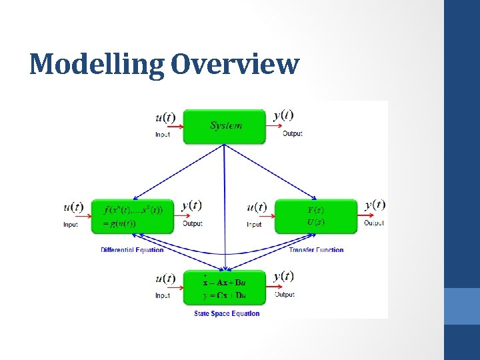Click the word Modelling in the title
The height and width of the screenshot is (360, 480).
click(96, 65)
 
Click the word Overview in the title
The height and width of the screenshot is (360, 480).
click(235, 65)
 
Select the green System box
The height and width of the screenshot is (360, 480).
click(225, 126)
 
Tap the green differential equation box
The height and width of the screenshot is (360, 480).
click(132, 216)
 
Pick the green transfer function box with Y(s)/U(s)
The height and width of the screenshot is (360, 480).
click(316, 216)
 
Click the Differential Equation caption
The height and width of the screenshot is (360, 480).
click(132, 250)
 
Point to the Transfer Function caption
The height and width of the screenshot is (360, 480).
click(316, 250)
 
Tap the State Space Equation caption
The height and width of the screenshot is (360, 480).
click(227, 313)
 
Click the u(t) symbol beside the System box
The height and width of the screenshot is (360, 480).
click(165, 117)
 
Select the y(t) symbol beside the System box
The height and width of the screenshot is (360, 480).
click(283, 115)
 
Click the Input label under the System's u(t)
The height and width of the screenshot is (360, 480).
click(162, 135)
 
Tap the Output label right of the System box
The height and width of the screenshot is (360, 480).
click(292, 133)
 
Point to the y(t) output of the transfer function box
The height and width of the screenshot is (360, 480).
click(375, 205)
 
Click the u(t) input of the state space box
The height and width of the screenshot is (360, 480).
click(165, 279)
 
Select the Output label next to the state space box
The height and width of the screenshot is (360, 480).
click(285, 294)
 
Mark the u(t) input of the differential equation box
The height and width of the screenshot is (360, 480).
click(73, 207)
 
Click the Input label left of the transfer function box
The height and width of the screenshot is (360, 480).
click(254, 225)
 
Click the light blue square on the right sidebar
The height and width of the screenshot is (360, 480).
click(462, 306)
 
